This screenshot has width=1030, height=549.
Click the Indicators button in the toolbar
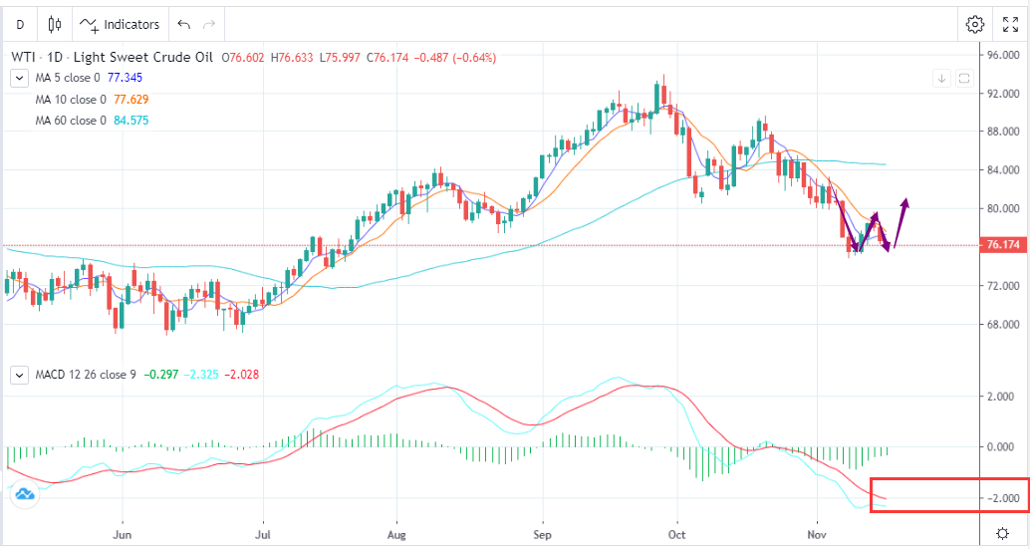(121, 24)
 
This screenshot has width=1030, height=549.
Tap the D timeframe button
(20, 24)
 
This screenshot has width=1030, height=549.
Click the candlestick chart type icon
(55, 24)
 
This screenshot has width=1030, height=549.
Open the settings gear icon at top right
(975, 24)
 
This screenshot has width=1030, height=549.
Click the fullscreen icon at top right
(1011, 24)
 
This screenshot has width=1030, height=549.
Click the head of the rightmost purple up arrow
(905, 201)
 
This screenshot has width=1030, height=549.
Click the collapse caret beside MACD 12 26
(19, 375)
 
